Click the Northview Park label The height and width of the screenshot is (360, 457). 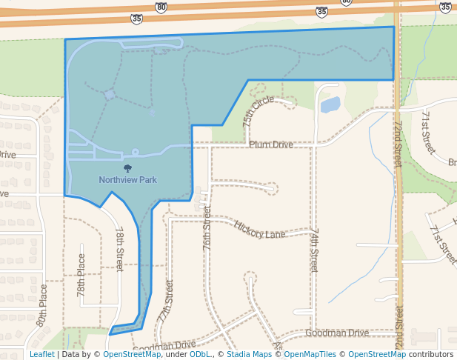(x=128, y=179)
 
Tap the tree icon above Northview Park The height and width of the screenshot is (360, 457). (x=128, y=169)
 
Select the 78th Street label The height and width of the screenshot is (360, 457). (x=119, y=249)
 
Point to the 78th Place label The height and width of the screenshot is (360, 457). (x=81, y=276)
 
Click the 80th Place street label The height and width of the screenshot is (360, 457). (x=42, y=306)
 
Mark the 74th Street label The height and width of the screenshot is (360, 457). (x=314, y=250)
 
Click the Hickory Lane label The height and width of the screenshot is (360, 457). (x=259, y=230)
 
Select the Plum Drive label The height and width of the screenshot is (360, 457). (x=271, y=144)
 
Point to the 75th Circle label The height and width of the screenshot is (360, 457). (x=258, y=110)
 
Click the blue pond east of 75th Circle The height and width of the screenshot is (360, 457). (x=330, y=104)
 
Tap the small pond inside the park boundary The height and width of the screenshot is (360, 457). (x=110, y=95)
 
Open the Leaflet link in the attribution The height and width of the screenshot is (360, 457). (x=41, y=355)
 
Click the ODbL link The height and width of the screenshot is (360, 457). (x=199, y=355)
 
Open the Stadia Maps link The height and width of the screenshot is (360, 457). (x=249, y=355)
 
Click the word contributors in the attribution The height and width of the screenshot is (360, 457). (x=431, y=355)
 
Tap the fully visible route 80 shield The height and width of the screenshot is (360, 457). (x=161, y=7)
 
